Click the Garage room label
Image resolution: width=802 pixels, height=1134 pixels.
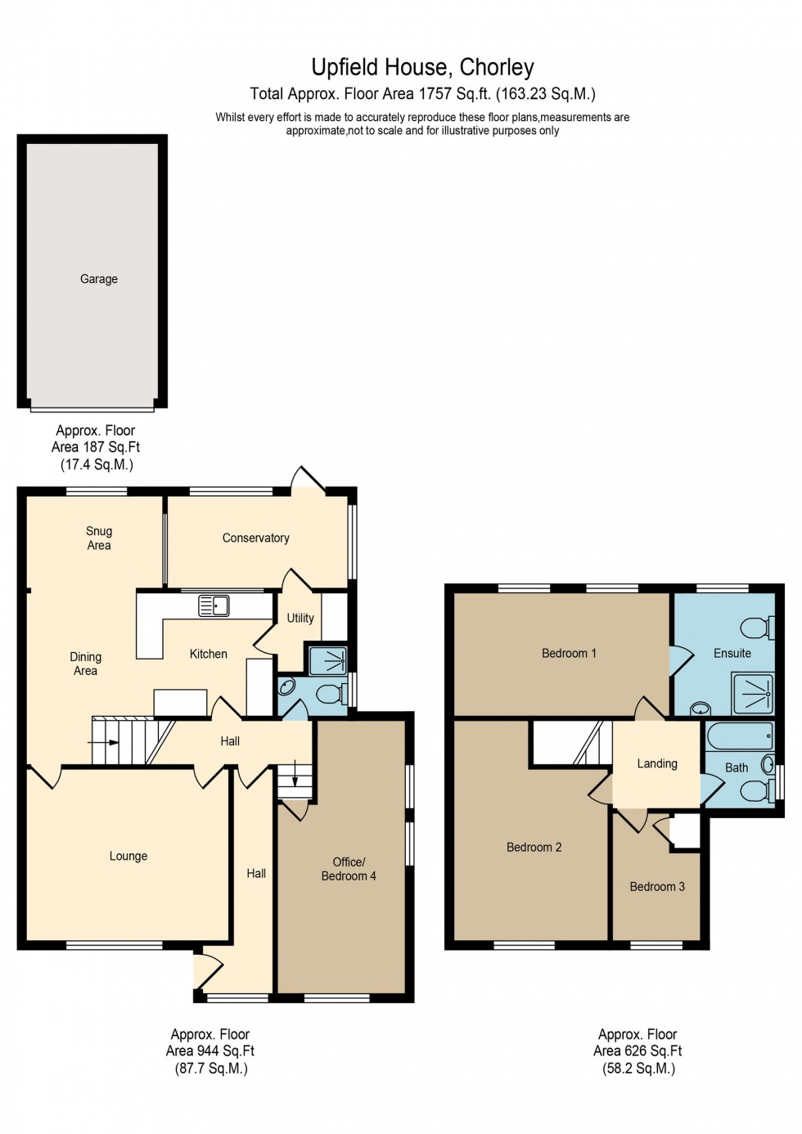[99, 279]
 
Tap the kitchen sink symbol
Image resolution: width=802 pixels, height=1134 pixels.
[214, 605]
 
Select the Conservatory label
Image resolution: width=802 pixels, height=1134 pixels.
[255, 538]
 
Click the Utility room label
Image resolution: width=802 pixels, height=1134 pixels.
[300, 618]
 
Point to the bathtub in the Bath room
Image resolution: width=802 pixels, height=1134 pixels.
[739, 736]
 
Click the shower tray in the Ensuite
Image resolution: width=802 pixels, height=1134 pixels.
[752, 692]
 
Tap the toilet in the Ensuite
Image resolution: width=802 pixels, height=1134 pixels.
[756, 628]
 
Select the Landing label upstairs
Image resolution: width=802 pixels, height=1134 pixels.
[657, 763]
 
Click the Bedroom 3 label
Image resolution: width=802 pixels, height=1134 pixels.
[657, 886]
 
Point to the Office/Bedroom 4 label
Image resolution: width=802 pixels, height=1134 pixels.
[349, 868]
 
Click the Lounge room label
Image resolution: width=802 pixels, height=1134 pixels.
[128, 856]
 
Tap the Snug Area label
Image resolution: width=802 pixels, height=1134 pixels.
[99, 538]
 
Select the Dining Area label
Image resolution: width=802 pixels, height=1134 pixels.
[85, 664]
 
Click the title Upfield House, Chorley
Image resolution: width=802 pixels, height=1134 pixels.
[422, 67]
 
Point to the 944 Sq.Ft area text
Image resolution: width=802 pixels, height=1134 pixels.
[210, 1051]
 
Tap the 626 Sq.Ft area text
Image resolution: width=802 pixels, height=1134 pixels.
[638, 1051]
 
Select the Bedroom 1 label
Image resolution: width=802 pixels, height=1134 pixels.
[569, 653]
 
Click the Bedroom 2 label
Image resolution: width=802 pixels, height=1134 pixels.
[534, 847]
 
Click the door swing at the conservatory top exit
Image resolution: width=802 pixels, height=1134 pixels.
[308, 479]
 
